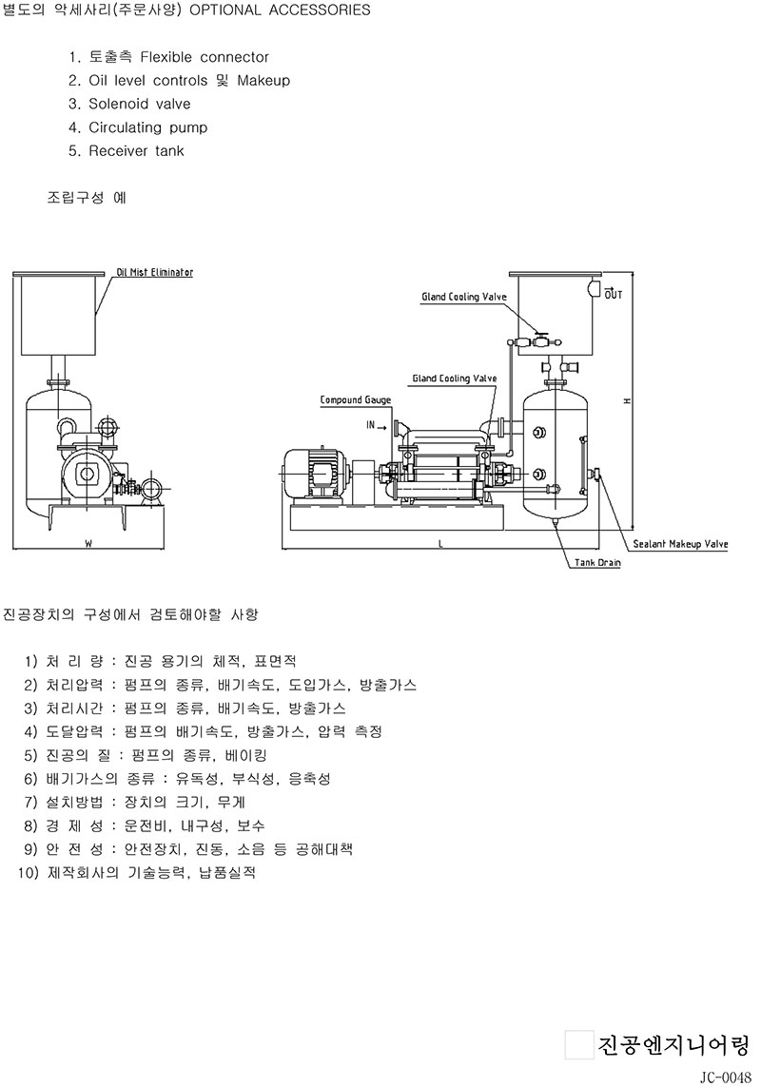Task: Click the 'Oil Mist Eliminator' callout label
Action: pos(155,272)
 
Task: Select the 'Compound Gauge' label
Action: pos(355,400)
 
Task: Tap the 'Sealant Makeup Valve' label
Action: pos(680,544)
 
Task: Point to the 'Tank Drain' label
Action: pos(597,562)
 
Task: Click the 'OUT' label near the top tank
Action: pos(614,294)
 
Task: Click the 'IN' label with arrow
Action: pos(377,425)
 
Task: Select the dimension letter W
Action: pos(88,544)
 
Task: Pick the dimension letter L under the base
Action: pos(440,544)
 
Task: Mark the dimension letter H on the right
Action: pos(627,400)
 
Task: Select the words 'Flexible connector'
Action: pos(204,57)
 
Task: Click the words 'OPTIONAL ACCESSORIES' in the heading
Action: pos(280,10)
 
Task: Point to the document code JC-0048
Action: pos(725,1077)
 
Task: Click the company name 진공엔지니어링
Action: pos(673,1045)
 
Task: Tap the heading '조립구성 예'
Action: pos(87,198)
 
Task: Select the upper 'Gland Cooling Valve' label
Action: pos(464,297)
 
